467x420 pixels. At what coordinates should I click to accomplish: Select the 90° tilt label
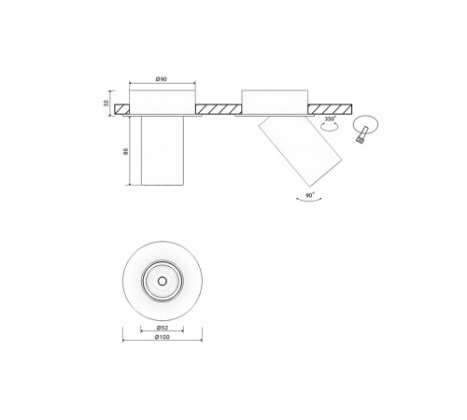click(310, 197)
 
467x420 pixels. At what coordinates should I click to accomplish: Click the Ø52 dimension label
click(163, 327)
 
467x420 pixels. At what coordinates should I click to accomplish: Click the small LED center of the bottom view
click(163, 280)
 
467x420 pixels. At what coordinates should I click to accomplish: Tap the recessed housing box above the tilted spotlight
click(275, 99)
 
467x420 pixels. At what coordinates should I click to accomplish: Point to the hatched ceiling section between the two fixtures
click(219, 109)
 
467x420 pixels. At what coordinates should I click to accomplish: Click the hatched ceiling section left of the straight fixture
click(121, 109)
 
